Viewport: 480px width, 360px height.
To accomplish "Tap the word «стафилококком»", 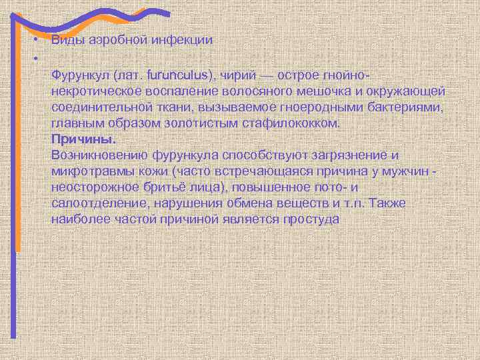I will pos(298,123).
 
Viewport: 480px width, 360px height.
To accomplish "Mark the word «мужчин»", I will pos(409,172).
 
